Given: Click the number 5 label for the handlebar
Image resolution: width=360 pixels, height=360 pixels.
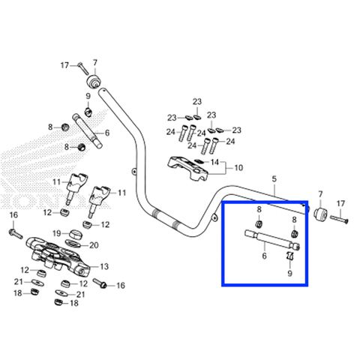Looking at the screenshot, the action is (274, 179).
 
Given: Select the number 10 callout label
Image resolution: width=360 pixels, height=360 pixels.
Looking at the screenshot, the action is (238, 168).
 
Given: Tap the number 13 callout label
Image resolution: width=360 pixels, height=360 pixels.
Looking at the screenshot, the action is (104, 266).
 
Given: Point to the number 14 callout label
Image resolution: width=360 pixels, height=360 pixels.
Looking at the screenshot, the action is (214, 162).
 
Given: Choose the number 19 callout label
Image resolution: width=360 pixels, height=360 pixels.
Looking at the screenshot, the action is (57, 233).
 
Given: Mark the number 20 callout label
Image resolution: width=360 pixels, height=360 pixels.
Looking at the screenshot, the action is (94, 245).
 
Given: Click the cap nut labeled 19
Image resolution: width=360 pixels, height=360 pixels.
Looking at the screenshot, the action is (76, 235).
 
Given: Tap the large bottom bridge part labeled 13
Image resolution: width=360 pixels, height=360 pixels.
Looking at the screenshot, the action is (58, 257).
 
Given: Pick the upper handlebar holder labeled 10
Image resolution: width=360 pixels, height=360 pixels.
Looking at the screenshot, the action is (188, 168).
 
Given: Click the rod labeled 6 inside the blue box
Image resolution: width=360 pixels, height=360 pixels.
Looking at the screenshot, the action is (272, 240).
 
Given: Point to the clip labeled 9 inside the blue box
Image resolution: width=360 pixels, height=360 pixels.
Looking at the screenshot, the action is (289, 256).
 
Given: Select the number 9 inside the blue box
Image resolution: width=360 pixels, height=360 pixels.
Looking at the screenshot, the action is (289, 273).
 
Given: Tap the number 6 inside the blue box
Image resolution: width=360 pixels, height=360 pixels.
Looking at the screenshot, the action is (265, 256).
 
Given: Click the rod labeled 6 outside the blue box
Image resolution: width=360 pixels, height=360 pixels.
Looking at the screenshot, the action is (87, 131).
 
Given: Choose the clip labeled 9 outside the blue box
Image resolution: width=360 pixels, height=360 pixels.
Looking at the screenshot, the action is (88, 111).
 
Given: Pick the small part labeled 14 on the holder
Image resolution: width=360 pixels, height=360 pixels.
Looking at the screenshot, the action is (199, 161).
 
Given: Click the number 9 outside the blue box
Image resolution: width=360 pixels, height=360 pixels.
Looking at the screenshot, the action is (88, 96).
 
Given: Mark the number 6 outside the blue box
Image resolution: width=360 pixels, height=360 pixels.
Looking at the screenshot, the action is (107, 133).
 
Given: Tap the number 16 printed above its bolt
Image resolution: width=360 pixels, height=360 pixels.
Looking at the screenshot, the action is (13, 214).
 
